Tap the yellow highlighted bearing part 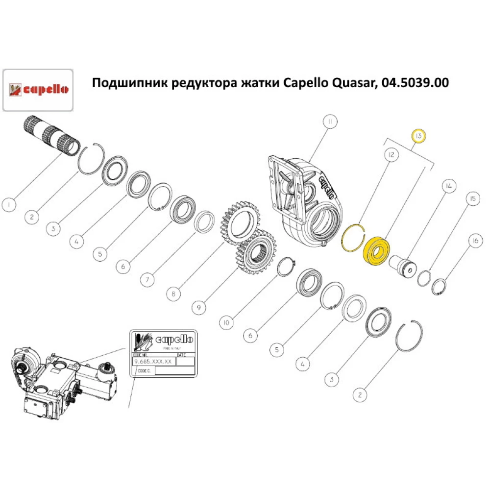pyautogui.click(x=376, y=251)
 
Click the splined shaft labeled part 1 pyautogui.click(x=51, y=137)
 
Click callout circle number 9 pyautogui.click(x=198, y=308)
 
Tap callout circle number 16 pyautogui.click(x=474, y=241)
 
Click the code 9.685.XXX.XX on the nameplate pyautogui.click(x=154, y=361)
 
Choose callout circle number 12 pyautogui.click(x=391, y=155)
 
